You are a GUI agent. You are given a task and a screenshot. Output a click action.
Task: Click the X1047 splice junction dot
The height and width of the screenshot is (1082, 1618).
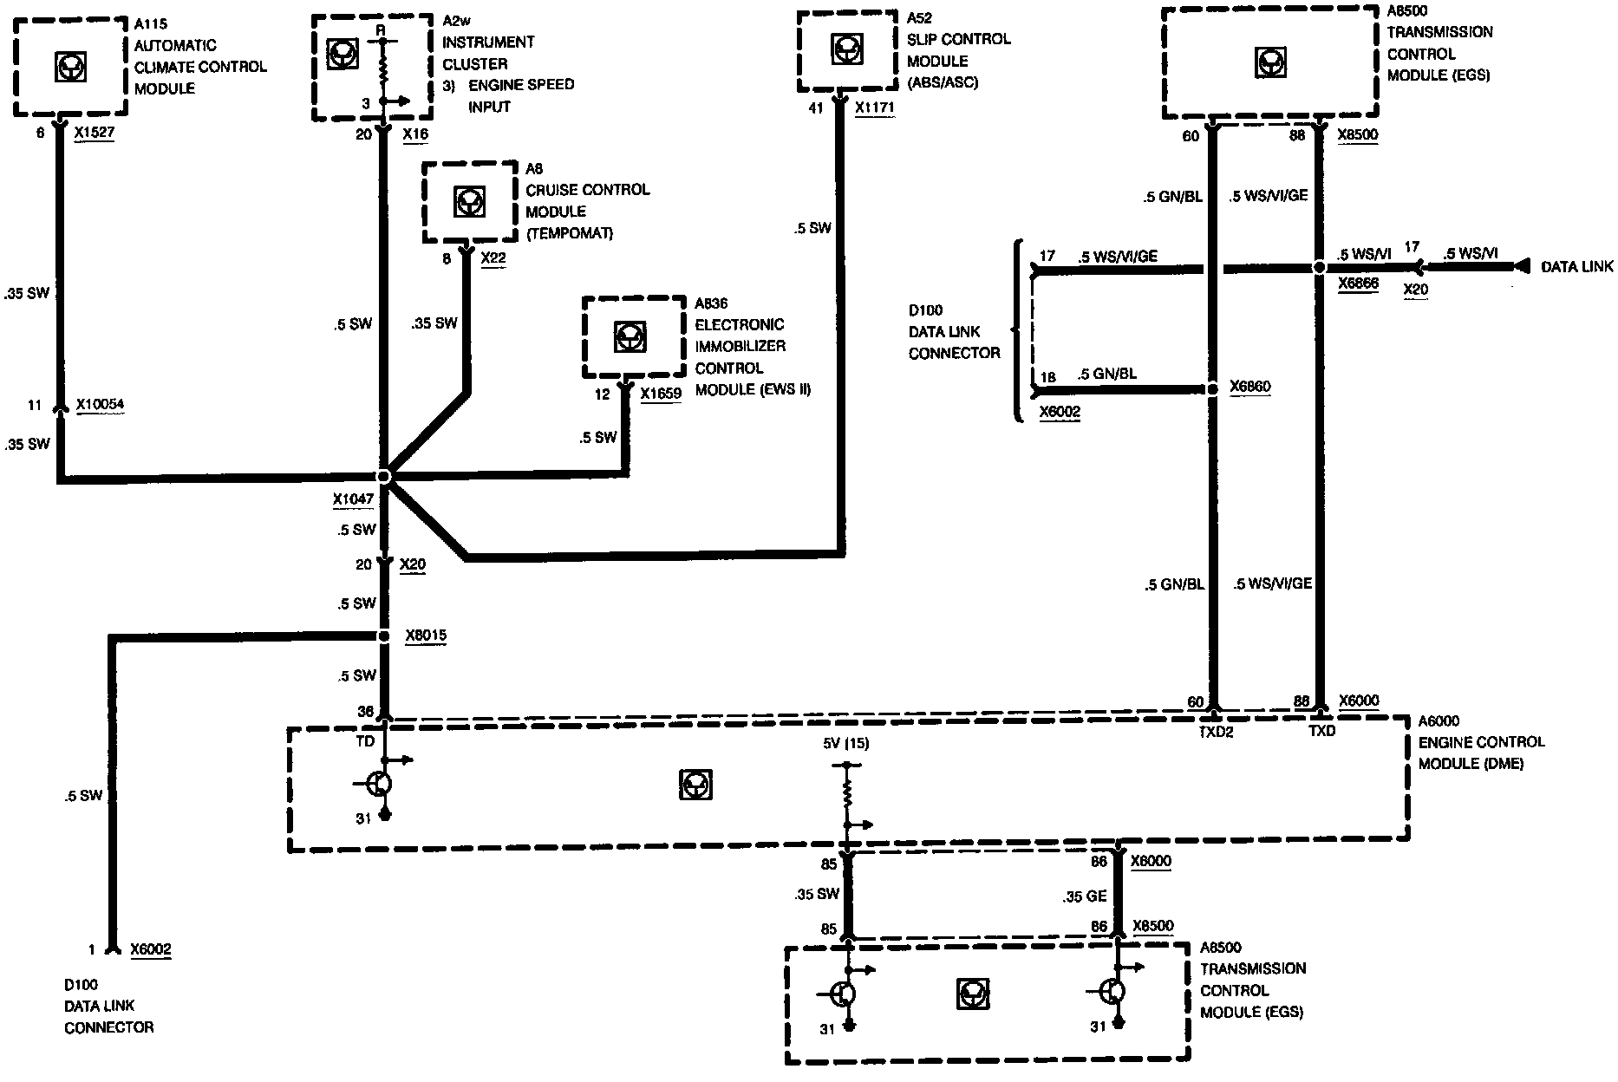click(384, 476)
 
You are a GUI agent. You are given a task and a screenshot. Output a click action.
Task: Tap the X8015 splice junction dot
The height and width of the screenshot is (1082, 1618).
click(384, 636)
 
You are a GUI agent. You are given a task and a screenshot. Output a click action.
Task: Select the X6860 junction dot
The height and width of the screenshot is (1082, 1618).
click(1213, 388)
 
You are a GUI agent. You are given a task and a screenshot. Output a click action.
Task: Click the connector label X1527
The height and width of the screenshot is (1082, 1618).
click(95, 134)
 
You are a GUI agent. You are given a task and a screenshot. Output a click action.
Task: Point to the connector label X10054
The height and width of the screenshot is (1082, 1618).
click(100, 404)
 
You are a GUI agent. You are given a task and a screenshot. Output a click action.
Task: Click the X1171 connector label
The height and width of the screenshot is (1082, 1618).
click(874, 108)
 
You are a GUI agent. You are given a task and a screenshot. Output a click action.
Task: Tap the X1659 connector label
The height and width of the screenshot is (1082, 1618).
click(661, 394)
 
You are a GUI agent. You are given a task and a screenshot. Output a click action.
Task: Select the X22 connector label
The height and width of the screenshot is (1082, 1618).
click(493, 258)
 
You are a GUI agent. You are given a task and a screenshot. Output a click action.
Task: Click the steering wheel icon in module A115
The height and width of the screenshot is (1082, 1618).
click(70, 67)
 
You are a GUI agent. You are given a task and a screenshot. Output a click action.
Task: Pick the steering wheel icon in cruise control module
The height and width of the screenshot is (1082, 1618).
click(469, 202)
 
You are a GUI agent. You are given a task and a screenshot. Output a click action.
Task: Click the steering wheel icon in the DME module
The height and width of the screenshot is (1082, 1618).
click(695, 785)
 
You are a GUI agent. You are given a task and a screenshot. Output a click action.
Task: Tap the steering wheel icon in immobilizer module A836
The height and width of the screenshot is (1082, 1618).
click(629, 336)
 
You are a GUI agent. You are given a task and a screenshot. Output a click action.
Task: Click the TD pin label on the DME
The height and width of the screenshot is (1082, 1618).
click(365, 741)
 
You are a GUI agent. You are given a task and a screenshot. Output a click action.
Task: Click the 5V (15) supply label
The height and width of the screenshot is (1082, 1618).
click(845, 743)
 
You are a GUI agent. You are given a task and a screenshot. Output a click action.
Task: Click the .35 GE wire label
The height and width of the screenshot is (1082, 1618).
click(1085, 896)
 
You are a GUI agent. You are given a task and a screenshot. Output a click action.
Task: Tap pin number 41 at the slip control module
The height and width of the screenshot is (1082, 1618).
click(816, 108)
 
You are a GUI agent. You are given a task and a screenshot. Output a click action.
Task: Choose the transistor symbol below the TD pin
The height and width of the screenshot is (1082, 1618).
click(380, 784)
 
